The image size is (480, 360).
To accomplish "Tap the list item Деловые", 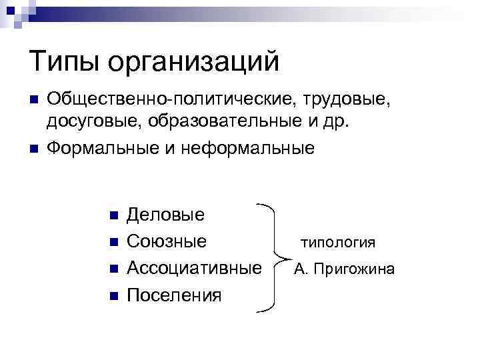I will (165, 215).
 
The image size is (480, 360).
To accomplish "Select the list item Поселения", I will (173, 294).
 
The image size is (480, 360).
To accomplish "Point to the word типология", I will (338, 243).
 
